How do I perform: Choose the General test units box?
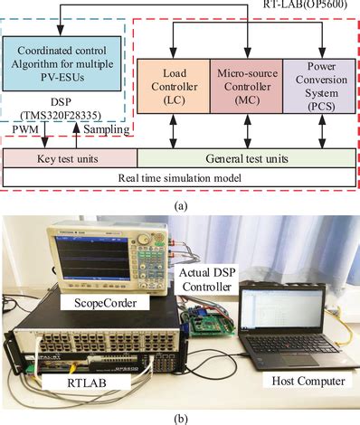coord(246,155)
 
